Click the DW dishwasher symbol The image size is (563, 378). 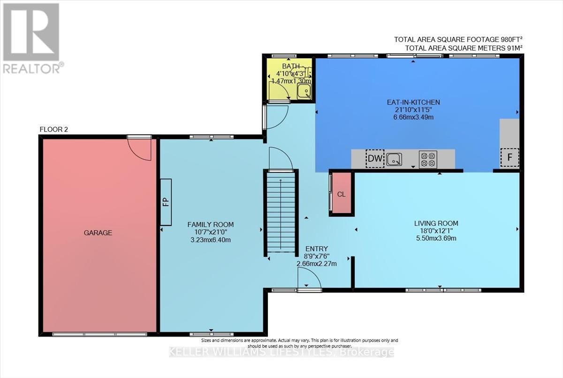[x=375, y=158]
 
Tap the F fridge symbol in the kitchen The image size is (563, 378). [x=510, y=157]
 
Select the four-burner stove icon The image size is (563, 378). [x=428, y=160]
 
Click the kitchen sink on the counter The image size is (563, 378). [x=394, y=160]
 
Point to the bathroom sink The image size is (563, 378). [x=304, y=92]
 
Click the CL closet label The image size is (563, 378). [x=342, y=194]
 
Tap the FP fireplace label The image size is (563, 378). [x=166, y=202]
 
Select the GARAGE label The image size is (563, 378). [x=98, y=232]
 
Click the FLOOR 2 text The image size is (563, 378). [x=54, y=130]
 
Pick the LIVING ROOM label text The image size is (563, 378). [x=436, y=224]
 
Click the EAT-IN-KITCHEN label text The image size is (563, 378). [x=413, y=102]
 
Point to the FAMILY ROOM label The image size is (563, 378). [x=211, y=224]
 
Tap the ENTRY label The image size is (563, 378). [x=317, y=249]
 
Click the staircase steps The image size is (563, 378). [x=281, y=212]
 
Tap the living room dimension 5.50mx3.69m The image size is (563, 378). [x=436, y=238]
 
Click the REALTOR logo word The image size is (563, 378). [x=32, y=69]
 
